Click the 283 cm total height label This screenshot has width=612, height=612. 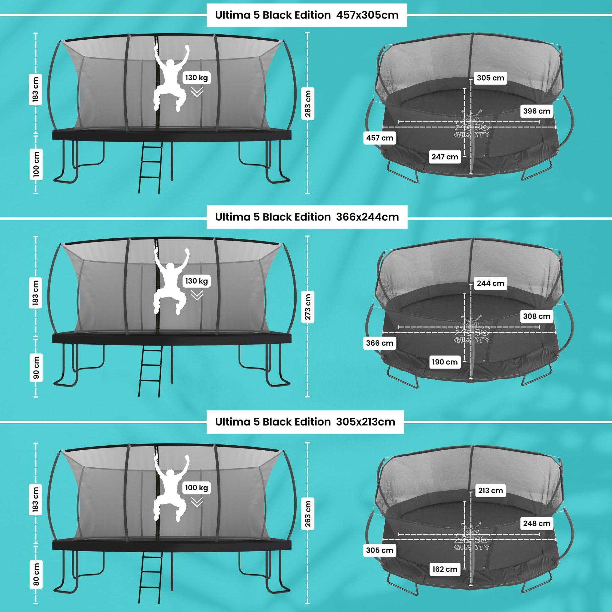pyautogui.click(x=308, y=103)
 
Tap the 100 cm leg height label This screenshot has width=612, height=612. pyautogui.click(x=36, y=164)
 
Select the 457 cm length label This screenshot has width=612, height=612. pyautogui.click(x=380, y=138)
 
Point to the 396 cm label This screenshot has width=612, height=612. pyautogui.click(x=537, y=111)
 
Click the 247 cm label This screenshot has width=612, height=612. pyautogui.click(x=445, y=157)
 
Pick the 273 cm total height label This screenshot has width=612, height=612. pyautogui.click(x=308, y=307)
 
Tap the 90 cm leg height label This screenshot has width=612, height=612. pyautogui.click(x=36, y=367)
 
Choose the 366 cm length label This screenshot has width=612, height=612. pyautogui.click(x=380, y=343)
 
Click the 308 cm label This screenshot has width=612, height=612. pyautogui.click(x=537, y=316)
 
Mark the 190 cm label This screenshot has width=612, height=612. pyautogui.click(x=445, y=362)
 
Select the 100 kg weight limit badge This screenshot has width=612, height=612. pyautogui.click(x=196, y=487)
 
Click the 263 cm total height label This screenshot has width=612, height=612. pyautogui.click(x=308, y=513)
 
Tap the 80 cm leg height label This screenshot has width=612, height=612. pyautogui.click(x=36, y=574)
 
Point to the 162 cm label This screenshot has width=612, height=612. pyautogui.click(x=445, y=569)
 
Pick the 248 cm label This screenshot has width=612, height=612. pyautogui.click(x=537, y=523)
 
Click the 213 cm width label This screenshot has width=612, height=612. pyautogui.click(x=490, y=490)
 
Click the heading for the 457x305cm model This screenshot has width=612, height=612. pyautogui.click(x=307, y=15)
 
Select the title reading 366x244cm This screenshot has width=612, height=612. pyautogui.click(x=307, y=217)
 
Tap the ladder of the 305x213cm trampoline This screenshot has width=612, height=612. pyautogui.click(x=150, y=577)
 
